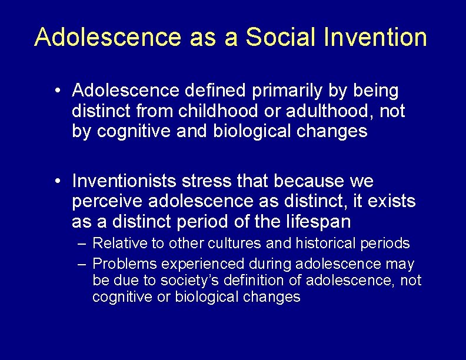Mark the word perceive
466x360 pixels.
(x=108, y=202)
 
